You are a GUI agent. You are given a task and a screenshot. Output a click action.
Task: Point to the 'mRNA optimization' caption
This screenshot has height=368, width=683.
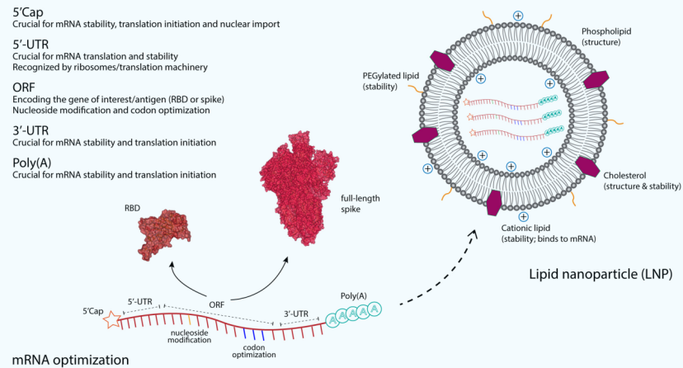65,359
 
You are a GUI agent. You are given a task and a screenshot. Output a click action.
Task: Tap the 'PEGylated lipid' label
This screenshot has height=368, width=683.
393,77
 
